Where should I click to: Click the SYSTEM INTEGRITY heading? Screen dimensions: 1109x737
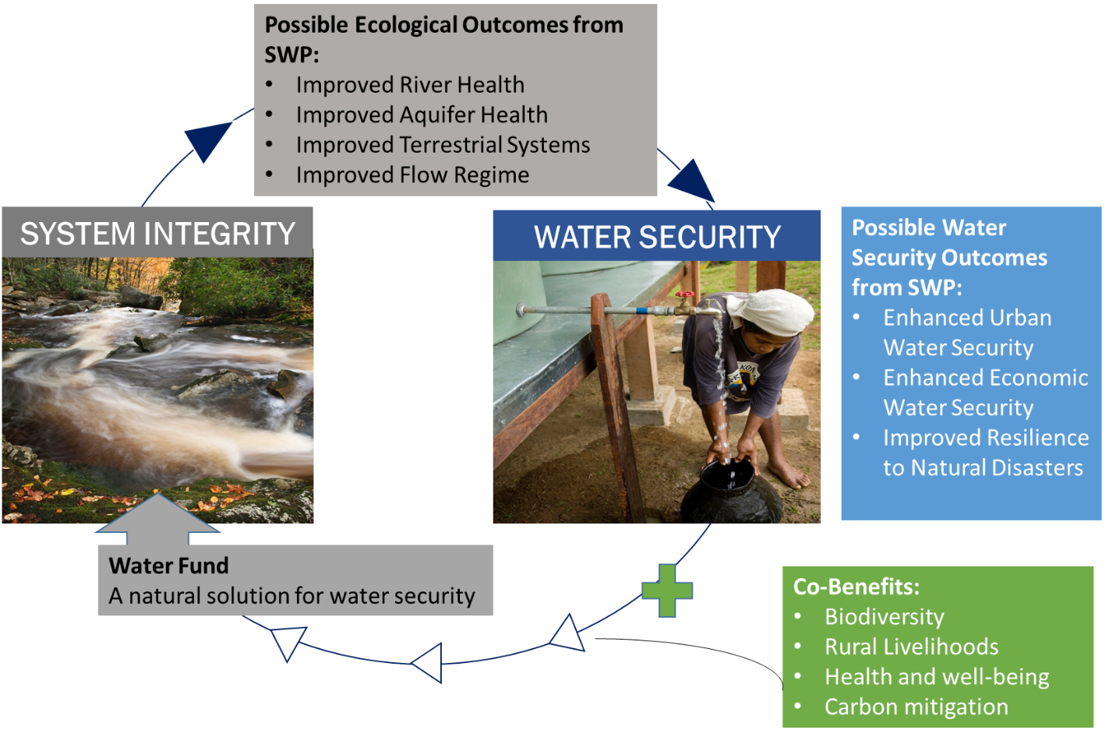pyautogui.click(x=157, y=234)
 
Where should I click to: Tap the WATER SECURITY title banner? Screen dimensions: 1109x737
pyautogui.click(x=657, y=237)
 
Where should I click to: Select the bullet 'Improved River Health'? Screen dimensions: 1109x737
pyautogui.click(x=410, y=85)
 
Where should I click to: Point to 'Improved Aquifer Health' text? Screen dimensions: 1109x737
pyautogui.click(x=422, y=115)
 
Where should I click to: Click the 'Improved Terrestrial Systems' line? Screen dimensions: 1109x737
pyautogui.click(x=443, y=145)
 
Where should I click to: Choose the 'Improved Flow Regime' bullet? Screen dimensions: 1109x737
pyautogui.click(x=412, y=175)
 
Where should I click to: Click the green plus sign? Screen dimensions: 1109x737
pyautogui.click(x=666, y=590)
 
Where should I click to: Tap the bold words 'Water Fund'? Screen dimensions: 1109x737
pyautogui.click(x=169, y=566)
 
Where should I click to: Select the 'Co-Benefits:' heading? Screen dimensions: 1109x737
pyautogui.click(x=856, y=587)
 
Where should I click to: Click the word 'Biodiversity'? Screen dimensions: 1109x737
pyautogui.click(x=885, y=617)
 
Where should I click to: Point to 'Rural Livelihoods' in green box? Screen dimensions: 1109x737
pyautogui.click(x=911, y=647)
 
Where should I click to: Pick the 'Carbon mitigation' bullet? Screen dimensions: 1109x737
pyautogui.click(x=917, y=707)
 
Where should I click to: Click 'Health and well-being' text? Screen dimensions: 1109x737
pyautogui.click(x=937, y=677)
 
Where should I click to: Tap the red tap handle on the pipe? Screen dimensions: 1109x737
pyautogui.click(x=685, y=296)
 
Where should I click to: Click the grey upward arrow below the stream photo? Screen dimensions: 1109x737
pyautogui.click(x=158, y=517)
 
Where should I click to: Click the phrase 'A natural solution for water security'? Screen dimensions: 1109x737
pyautogui.click(x=292, y=596)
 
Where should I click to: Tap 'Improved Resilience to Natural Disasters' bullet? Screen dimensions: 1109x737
pyautogui.click(x=985, y=453)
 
